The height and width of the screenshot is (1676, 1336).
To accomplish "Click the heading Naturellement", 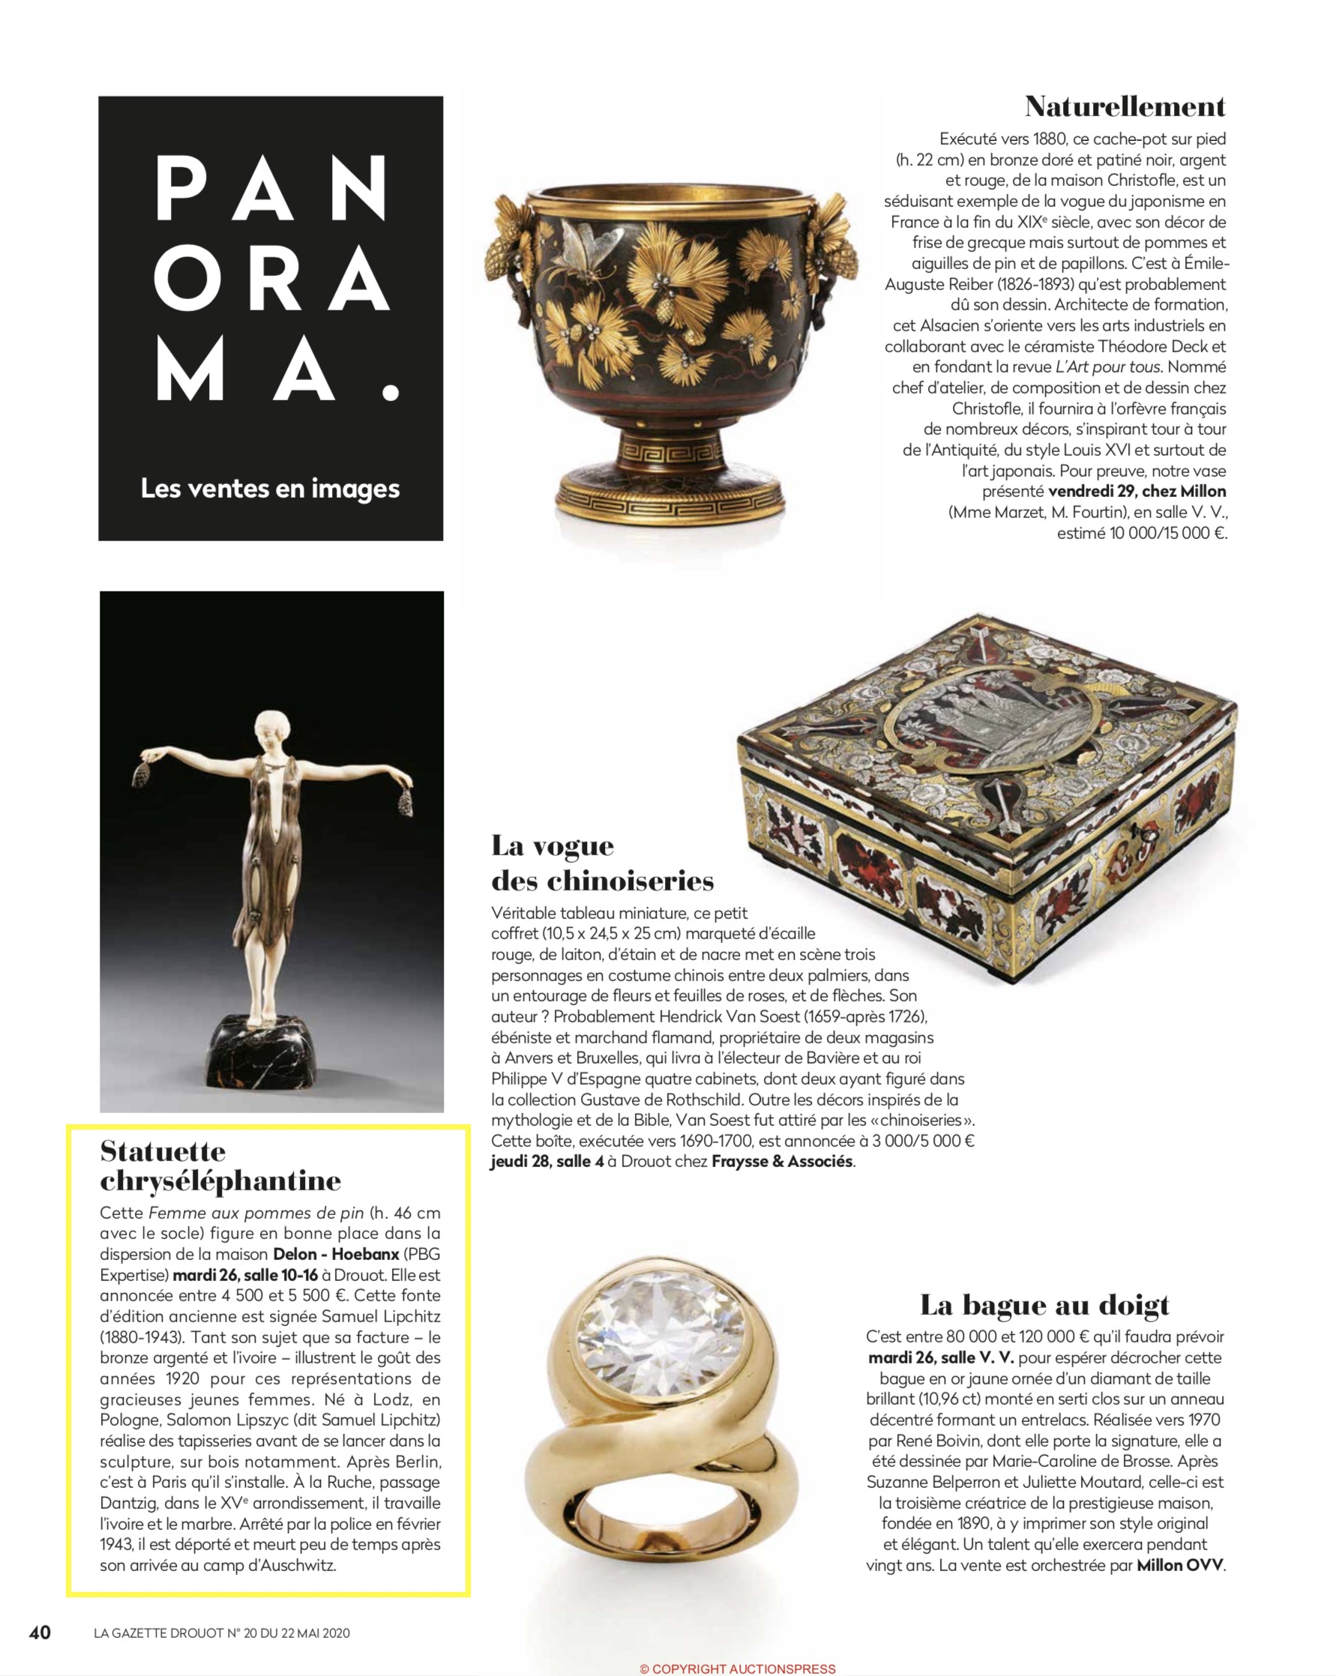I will pyautogui.click(x=1125, y=107).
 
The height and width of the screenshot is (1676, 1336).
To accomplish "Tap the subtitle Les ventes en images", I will pyautogui.click(x=270, y=489).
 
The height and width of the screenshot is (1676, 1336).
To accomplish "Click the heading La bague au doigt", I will pyautogui.click(x=1044, y=1305).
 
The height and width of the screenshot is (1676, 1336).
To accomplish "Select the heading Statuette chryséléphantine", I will pyautogui.click(x=221, y=1166).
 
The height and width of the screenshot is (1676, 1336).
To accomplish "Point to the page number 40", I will pyautogui.click(x=40, y=1632).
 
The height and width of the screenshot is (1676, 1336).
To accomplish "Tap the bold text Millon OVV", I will pyautogui.click(x=1180, y=1565).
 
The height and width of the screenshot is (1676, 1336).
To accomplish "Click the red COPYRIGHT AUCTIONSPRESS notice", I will pyautogui.click(x=737, y=1669).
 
